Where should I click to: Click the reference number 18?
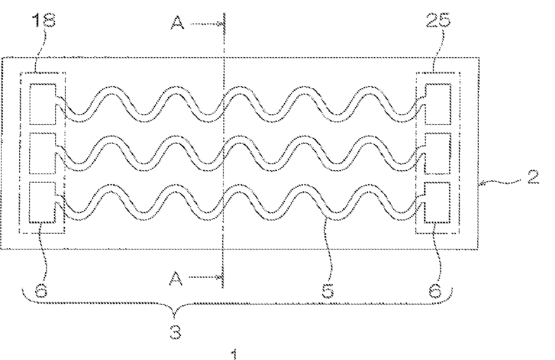click(x=34, y=21)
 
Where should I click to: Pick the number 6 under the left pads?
click(x=41, y=291)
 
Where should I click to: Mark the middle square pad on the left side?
click(x=44, y=149)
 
